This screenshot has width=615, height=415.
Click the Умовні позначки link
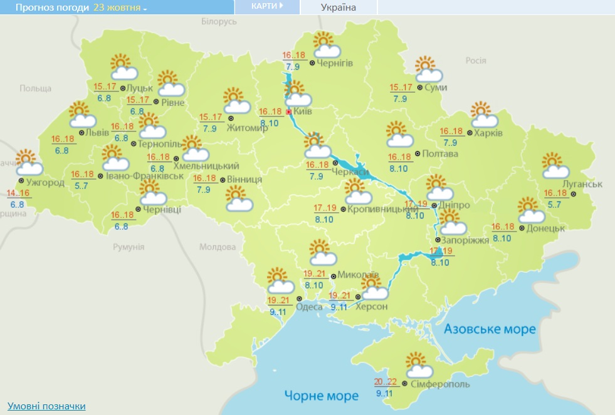click(46, 406)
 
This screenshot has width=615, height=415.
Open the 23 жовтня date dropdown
click(120, 8)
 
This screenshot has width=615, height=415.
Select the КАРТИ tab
click(266, 6)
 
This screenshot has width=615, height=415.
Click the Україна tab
click(338, 8)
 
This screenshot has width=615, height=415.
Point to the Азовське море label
click(489, 329)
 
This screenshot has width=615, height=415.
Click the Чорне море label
click(321, 396)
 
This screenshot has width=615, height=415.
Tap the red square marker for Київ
click(288, 111)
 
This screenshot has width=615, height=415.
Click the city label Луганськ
click(582, 184)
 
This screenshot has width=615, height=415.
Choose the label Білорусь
click(219, 21)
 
